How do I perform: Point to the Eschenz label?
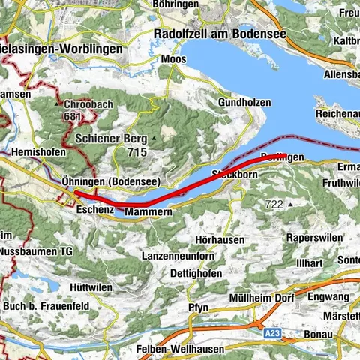[94, 211]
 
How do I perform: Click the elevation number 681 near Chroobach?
[72, 116]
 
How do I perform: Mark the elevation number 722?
[274, 204]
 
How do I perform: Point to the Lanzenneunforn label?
[178, 256]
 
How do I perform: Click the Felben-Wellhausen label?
[174, 350]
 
